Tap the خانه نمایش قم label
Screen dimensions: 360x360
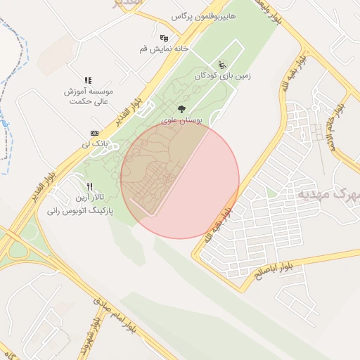pos(164,50)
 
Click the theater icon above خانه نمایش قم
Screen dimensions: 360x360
pos(164,38)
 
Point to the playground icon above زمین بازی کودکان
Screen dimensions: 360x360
pos(224,65)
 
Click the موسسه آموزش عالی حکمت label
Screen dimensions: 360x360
pos(89,96)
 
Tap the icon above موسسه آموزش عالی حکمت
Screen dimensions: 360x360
pos(89,81)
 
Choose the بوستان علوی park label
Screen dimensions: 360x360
pos(182,121)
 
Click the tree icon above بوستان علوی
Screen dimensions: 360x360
pos(182,109)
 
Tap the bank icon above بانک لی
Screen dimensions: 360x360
pos(95,133)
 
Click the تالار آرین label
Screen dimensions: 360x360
pos(89,198)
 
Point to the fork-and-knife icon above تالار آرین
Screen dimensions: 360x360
pos(89,186)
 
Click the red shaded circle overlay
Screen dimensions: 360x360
pos(180,179)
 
